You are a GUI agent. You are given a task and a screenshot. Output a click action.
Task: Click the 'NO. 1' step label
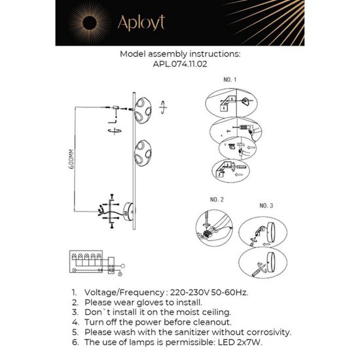[230, 80]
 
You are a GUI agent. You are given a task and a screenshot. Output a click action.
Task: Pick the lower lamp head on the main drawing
[142, 154]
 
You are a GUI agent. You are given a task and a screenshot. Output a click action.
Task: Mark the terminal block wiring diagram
[92, 262]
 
